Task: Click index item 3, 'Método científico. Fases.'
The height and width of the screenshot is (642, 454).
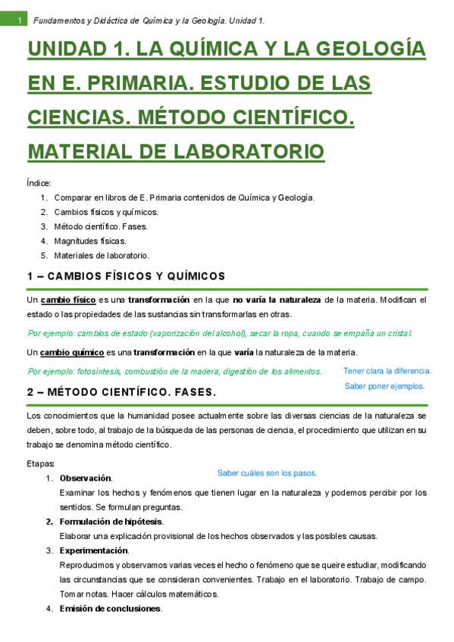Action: pyautogui.click(x=101, y=226)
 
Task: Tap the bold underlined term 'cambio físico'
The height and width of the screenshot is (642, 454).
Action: pyautogui.click(x=68, y=301)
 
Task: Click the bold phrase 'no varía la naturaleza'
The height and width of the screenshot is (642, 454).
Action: pyautogui.click(x=277, y=301)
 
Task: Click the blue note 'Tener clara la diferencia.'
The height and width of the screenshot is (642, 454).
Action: pyautogui.click(x=387, y=371)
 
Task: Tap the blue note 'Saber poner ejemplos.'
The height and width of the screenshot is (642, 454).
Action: pyautogui.click(x=384, y=385)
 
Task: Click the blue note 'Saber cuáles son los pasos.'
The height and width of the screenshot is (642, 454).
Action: pyautogui.click(x=267, y=473)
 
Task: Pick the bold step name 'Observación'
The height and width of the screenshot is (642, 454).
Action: pyautogui.click(x=86, y=478)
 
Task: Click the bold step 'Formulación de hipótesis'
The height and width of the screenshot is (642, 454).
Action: pyautogui.click(x=111, y=522)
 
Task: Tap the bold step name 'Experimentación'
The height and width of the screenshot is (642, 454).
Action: pyautogui.click(x=94, y=550)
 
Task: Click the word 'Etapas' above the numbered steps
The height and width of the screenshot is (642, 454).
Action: pyautogui.click(x=40, y=463)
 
